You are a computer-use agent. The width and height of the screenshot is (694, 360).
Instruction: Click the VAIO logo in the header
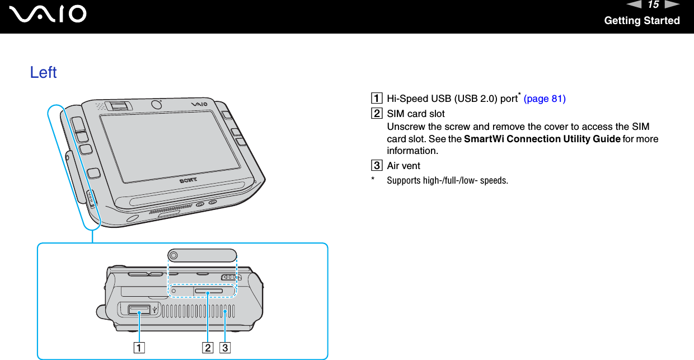pyautogui.click(x=51, y=13)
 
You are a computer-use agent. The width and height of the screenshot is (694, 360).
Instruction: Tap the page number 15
pyautogui.click(x=653, y=5)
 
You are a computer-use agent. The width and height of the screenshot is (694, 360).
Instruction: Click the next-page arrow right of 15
pyautogui.click(x=672, y=5)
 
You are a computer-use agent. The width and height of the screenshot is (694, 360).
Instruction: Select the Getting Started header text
pyautogui.click(x=641, y=21)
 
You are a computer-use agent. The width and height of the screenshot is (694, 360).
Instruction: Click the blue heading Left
pyautogui.click(x=43, y=72)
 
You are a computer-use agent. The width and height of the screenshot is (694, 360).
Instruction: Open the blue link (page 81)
pyautogui.click(x=544, y=99)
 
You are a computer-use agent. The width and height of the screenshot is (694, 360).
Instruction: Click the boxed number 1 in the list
pyautogui.click(x=379, y=99)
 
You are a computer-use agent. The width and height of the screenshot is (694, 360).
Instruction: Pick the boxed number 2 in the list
pyautogui.click(x=379, y=114)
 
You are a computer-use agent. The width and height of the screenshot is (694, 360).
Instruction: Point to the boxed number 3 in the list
pyautogui.click(x=379, y=166)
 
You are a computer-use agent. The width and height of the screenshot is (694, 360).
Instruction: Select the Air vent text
pyautogui.click(x=404, y=166)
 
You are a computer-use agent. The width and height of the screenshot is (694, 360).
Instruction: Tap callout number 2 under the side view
pyautogui.click(x=208, y=348)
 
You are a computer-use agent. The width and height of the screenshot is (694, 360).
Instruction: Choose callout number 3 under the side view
pyautogui.click(x=225, y=348)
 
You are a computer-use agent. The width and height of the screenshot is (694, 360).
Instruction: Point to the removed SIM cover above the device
pyautogui.click(x=201, y=255)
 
